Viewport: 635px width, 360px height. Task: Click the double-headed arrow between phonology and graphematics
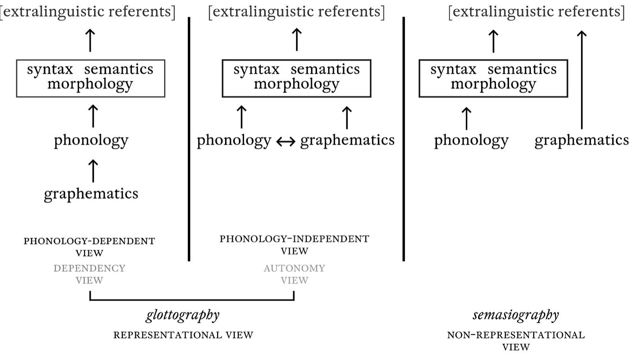286,141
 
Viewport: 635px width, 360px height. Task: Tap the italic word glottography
183,315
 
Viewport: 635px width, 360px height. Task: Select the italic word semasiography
516,315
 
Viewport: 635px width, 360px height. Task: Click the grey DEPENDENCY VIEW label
89,274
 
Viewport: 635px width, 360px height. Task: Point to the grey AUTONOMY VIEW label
294,274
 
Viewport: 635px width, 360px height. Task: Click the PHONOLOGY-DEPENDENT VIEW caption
89,247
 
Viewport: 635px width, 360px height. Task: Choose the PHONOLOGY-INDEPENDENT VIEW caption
294,245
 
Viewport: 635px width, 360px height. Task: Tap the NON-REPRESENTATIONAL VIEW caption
516,341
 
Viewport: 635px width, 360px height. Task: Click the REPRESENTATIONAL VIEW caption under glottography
183,335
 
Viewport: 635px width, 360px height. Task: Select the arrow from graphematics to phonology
93,171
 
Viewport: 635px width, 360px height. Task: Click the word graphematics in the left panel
91,194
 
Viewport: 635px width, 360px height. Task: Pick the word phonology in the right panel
471,140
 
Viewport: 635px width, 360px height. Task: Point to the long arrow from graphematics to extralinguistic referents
582,80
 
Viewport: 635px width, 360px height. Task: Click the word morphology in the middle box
297,84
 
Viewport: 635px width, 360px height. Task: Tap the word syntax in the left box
50,69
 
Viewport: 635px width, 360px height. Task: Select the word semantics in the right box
522,69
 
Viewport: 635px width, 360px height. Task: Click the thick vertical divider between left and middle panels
189,139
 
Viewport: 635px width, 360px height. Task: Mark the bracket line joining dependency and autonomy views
192,299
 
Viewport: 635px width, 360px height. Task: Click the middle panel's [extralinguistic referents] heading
297,12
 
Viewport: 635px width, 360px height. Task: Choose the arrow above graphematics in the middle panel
347,118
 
